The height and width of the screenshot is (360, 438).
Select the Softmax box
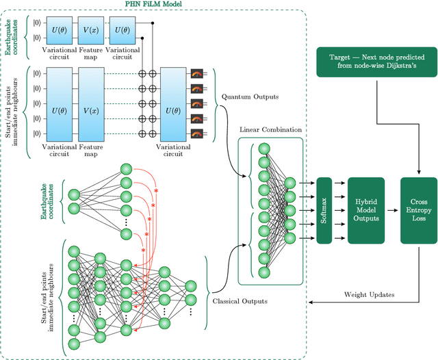pyautogui.click(x=324, y=210)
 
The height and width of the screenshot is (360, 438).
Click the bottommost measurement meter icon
pyautogui.click(x=198, y=132)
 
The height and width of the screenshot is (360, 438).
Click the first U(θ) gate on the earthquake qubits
pyautogui.click(x=58, y=30)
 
